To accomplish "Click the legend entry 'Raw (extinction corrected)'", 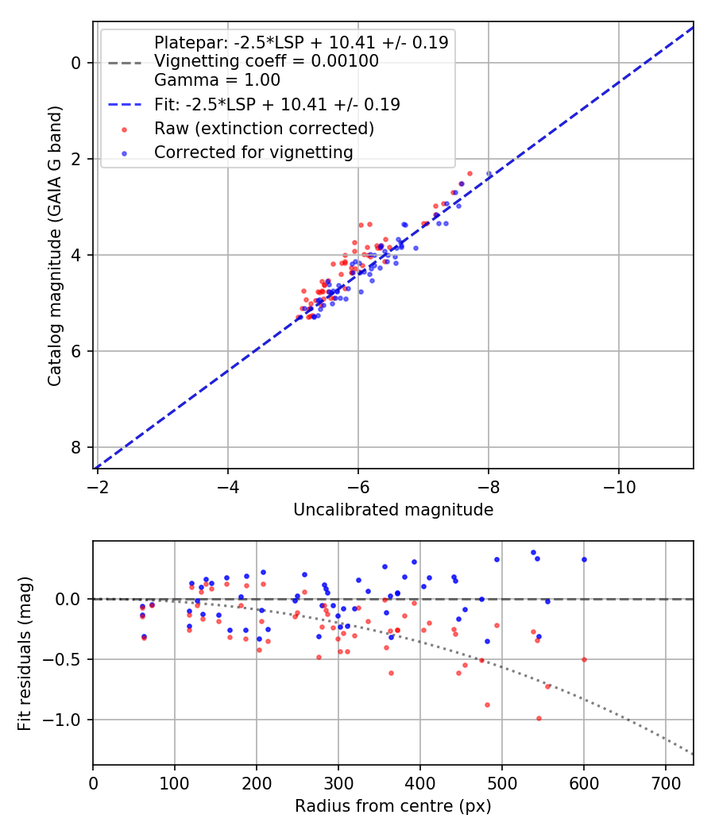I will click(x=264, y=128).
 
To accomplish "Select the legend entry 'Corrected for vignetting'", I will click(x=253, y=152).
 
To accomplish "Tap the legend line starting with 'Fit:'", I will click(x=276, y=104).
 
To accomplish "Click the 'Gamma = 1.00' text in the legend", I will click(x=217, y=79).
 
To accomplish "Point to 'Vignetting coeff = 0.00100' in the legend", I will click(x=266, y=61).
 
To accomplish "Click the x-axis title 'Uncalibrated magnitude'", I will click(x=393, y=509).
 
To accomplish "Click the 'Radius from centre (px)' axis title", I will click(x=393, y=806).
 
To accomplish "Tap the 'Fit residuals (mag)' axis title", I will click(x=25, y=653).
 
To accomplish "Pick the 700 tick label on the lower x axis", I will click(x=666, y=783).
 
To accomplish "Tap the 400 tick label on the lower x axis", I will click(x=420, y=783).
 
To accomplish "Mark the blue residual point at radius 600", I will click(x=584, y=559).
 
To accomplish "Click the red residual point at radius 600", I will click(x=584, y=659).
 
